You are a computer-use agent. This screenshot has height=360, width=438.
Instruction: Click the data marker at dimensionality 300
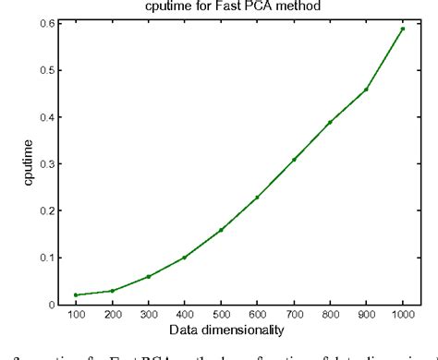coord(148,276)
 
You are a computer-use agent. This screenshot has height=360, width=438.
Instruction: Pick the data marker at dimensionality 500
coord(221,230)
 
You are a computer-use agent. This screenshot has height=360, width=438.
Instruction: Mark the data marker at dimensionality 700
coord(294,160)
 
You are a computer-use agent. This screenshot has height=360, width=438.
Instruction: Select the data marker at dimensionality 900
coord(367,90)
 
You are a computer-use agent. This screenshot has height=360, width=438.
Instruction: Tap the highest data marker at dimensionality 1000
coord(403,29)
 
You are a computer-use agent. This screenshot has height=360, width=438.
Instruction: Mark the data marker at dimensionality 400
coord(185,258)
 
